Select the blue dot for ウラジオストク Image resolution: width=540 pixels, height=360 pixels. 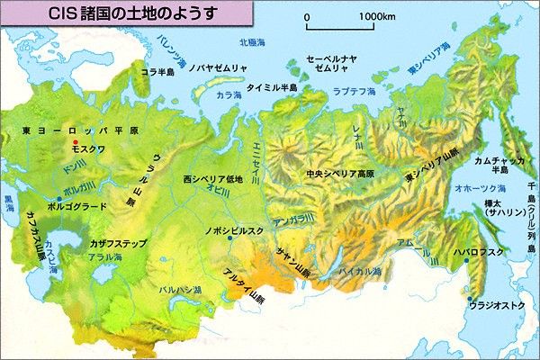pyautogui.click(x=469, y=299)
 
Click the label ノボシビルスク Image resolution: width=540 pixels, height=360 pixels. pyautogui.click(x=234, y=231)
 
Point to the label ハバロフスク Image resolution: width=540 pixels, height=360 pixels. pyautogui.click(x=479, y=253)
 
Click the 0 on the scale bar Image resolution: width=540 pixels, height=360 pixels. pyautogui.click(x=308, y=16)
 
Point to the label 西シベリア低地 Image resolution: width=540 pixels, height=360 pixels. pyautogui.click(x=212, y=177)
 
